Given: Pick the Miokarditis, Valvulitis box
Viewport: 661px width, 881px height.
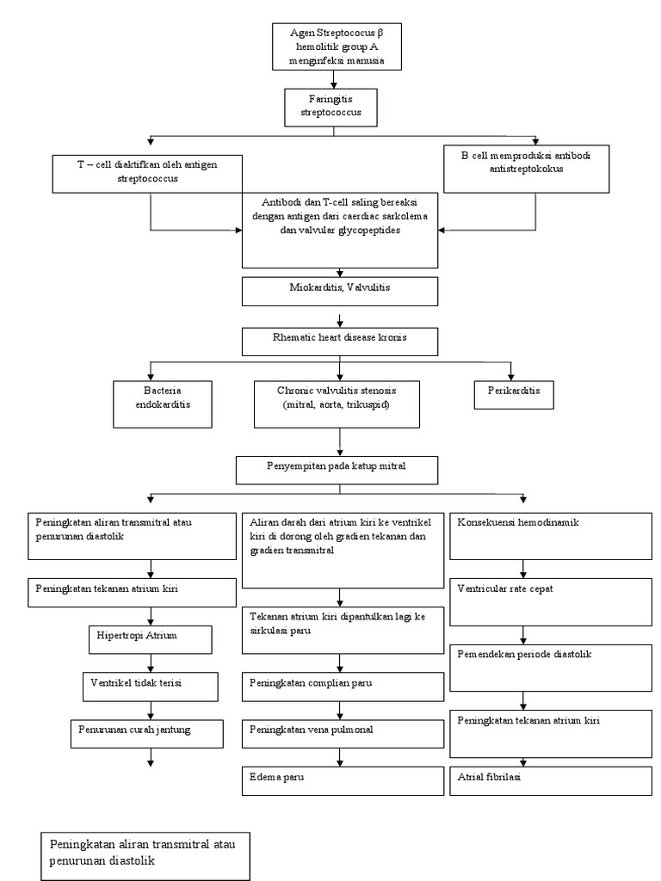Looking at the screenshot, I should tap(342, 291).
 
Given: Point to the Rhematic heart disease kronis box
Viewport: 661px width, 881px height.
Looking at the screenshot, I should tap(342, 341).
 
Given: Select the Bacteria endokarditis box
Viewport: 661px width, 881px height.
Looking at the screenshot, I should tap(163, 403).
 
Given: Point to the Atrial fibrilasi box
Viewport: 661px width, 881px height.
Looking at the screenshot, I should tap(551, 779).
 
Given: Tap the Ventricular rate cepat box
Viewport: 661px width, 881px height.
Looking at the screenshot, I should tap(551, 601).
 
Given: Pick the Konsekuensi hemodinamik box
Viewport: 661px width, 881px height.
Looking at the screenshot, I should tap(551, 535).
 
